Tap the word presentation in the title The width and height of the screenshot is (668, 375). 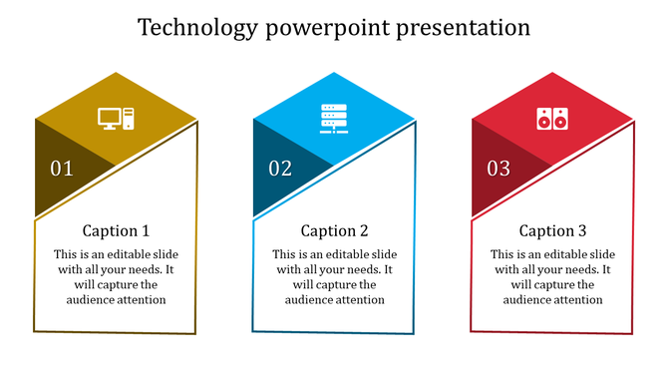[463, 27]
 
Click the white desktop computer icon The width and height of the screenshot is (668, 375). [116, 119]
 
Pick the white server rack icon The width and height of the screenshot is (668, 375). [334, 119]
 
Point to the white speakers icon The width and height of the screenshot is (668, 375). [551, 119]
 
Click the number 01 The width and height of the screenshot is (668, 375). [62, 169]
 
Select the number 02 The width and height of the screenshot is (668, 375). [280, 169]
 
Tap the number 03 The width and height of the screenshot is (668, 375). [499, 169]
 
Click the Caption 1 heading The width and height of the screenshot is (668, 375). [116, 231]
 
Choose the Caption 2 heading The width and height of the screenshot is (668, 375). [334, 231]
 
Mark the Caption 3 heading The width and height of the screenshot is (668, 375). [552, 231]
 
